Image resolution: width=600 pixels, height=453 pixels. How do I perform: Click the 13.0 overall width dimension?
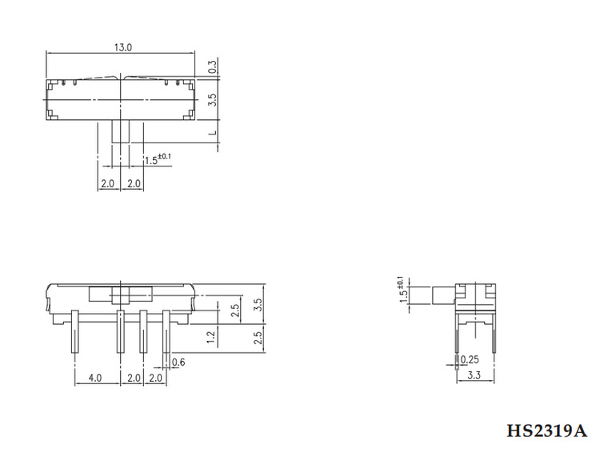(122, 47)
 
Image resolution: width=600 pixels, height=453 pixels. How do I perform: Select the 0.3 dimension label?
(212, 68)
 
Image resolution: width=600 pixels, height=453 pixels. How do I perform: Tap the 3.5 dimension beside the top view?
(212, 101)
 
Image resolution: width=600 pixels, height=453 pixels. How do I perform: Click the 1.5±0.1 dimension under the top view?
(158, 159)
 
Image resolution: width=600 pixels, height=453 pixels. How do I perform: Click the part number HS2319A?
(552, 431)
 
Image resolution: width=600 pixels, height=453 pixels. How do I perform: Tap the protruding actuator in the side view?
(441, 294)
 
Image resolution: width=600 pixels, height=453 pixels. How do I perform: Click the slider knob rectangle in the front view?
(120, 294)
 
